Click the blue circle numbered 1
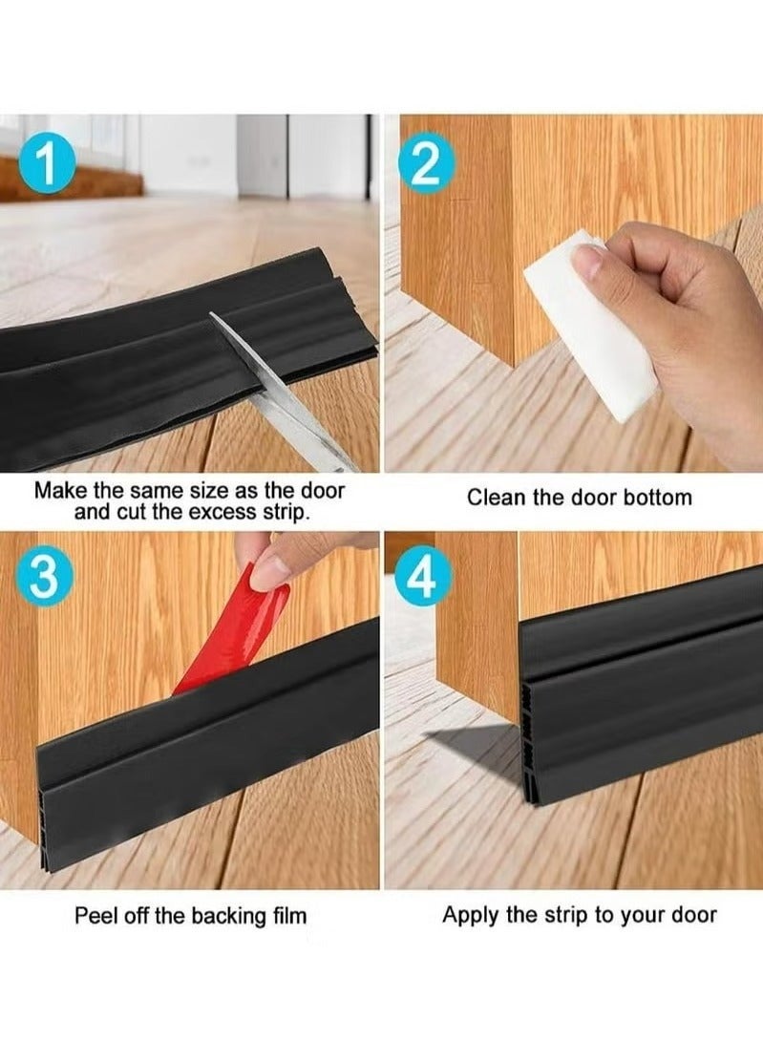pos(47,165)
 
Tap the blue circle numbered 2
pos(426,165)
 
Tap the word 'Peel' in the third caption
pos(96,916)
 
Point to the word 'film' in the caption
pos(286,916)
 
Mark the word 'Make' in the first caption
pos(60,491)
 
